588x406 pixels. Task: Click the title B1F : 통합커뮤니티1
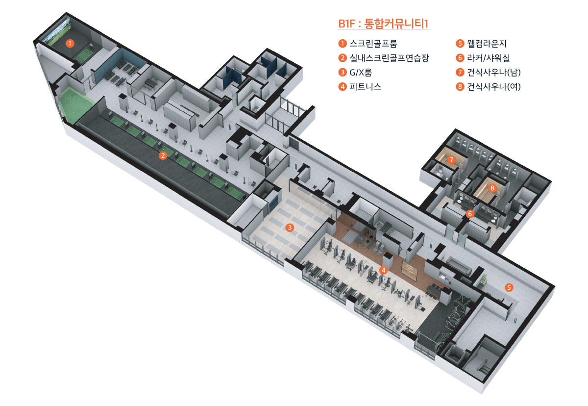pyautogui.click(x=383, y=24)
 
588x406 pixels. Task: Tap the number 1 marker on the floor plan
pyautogui.click(x=71, y=43)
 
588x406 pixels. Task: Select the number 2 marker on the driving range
pyautogui.click(x=163, y=156)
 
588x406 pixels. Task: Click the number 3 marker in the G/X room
pyautogui.click(x=290, y=228)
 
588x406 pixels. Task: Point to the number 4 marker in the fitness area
pyautogui.click(x=384, y=270)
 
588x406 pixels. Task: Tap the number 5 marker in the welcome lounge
pyautogui.click(x=510, y=287)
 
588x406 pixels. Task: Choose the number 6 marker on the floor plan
pyautogui.click(x=470, y=214)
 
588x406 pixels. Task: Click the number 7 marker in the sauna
pyautogui.click(x=451, y=160)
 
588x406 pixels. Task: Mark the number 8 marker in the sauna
pyautogui.click(x=493, y=187)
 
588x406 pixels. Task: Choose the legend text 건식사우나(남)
pyautogui.click(x=494, y=73)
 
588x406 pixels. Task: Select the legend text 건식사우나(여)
pyautogui.click(x=494, y=87)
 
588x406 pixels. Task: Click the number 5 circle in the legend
pyautogui.click(x=460, y=43)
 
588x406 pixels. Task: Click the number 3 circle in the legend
pyautogui.click(x=343, y=73)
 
